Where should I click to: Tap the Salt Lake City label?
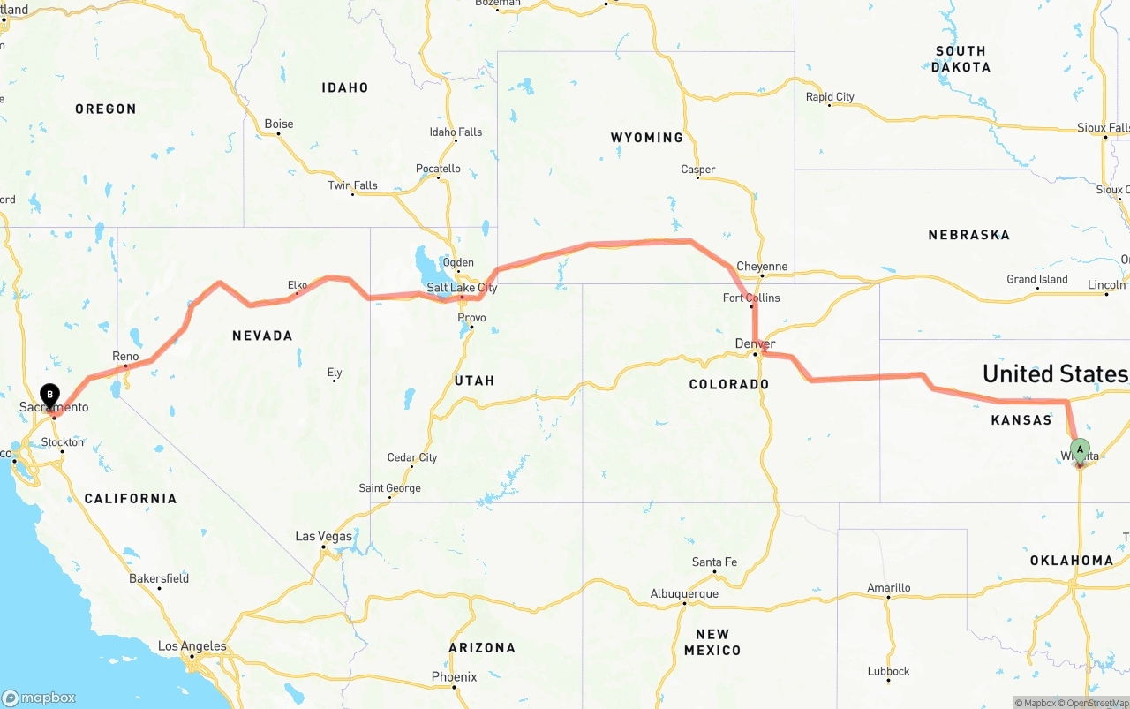click(x=462, y=288)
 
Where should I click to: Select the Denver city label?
click(x=755, y=343)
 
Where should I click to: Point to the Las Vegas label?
click(x=323, y=536)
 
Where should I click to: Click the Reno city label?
click(x=125, y=356)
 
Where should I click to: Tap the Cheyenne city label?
click(x=762, y=267)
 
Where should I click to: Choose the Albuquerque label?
click(x=684, y=593)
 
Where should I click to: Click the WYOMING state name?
click(x=646, y=138)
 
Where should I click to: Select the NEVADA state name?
click(x=262, y=336)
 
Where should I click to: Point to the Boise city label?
click(x=279, y=124)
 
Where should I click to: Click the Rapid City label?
click(x=830, y=97)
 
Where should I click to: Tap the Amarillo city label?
click(x=888, y=587)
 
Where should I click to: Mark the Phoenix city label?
click(x=454, y=677)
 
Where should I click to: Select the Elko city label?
click(x=298, y=284)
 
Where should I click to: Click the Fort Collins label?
click(x=751, y=298)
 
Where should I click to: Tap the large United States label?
click(x=1055, y=373)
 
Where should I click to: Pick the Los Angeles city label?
click(x=192, y=646)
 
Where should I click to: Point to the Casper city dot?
click(x=698, y=178)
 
